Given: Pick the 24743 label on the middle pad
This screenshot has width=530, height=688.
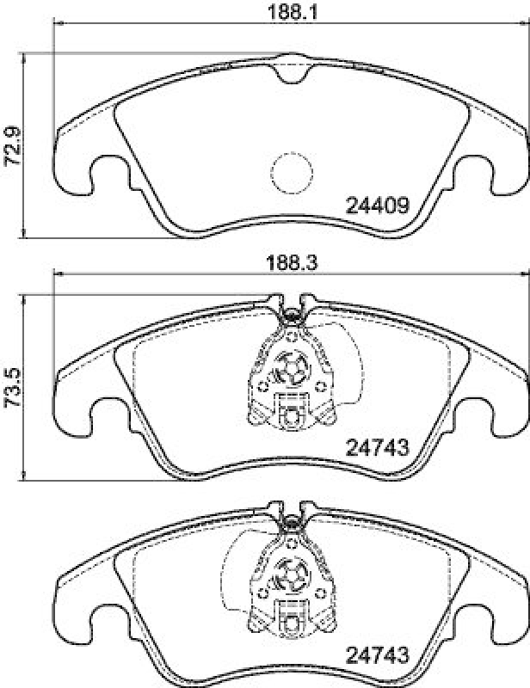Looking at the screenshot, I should point(376,447).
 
